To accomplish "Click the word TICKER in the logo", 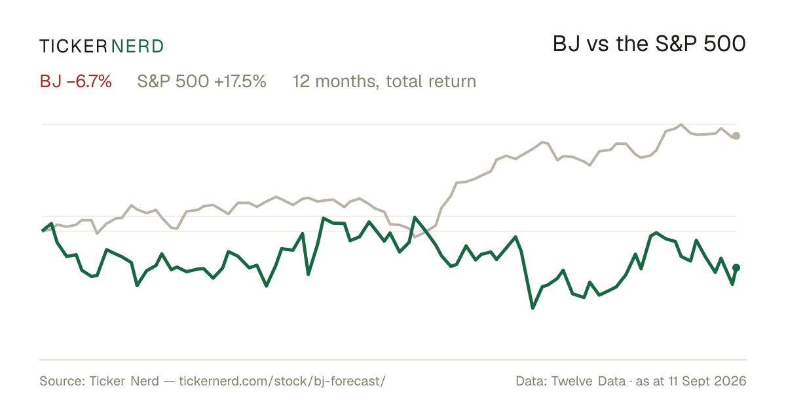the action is [73, 47].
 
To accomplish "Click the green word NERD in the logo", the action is [137, 47].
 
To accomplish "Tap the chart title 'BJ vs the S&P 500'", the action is [649, 44].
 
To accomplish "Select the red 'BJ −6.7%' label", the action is [76, 81].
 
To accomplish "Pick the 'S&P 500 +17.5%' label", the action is [202, 81].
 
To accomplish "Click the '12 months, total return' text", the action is [384, 81].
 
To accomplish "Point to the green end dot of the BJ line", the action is [736, 268].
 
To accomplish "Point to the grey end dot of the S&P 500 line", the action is [736, 136].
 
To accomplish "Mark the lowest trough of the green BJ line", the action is [533, 308].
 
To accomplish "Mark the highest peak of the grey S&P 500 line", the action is [681, 125].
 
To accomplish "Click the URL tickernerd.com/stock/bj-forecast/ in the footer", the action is [282, 381].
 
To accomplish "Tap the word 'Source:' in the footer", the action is [62, 381].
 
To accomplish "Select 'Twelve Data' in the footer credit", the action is [588, 381].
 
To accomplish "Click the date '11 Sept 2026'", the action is [707, 381].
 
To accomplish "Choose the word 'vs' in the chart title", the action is [597, 46].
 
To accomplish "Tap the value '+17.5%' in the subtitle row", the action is [240, 81].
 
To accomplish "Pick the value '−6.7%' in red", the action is [89, 81].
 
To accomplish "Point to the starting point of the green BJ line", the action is [42, 231].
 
